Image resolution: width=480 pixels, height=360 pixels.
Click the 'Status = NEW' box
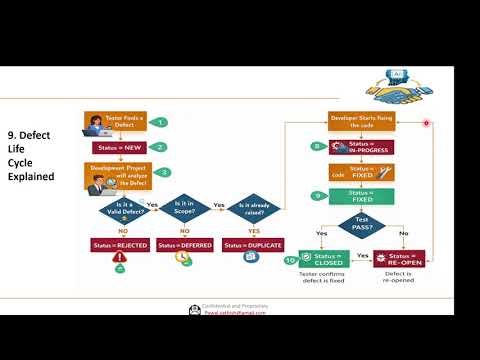point(118,148)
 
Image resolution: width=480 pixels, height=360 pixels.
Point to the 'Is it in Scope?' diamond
point(183,207)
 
